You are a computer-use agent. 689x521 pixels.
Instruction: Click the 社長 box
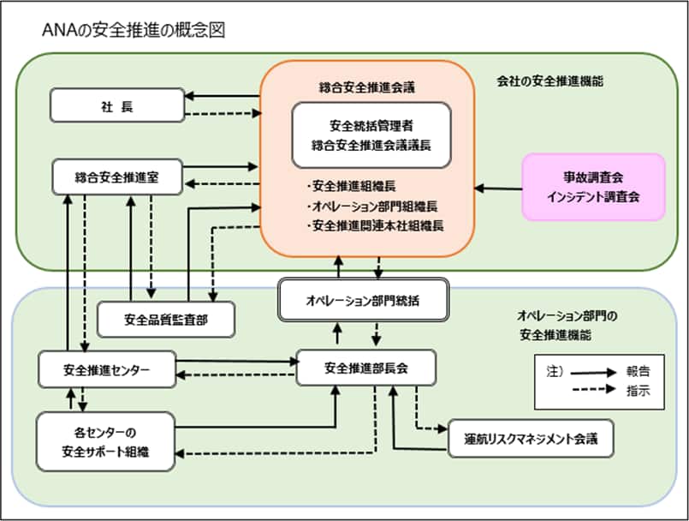click(x=117, y=105)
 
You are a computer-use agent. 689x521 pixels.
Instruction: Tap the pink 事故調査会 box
click(x=594, y=185)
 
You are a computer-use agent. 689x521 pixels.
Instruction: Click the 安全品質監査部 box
click(x=166, y=320)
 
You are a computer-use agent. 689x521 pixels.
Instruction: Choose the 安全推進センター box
click(x=107, y=369)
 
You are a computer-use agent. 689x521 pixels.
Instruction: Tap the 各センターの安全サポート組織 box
click(x=106, y=440)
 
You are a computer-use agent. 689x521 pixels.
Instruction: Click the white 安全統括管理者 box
click(x=371, y=135)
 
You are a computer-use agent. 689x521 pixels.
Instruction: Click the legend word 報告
click(x=638, y=372)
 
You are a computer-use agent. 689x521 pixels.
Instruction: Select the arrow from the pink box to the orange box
click(x=498, y=187)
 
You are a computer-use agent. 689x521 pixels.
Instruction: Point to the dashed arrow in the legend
click(x=592, y=390)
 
